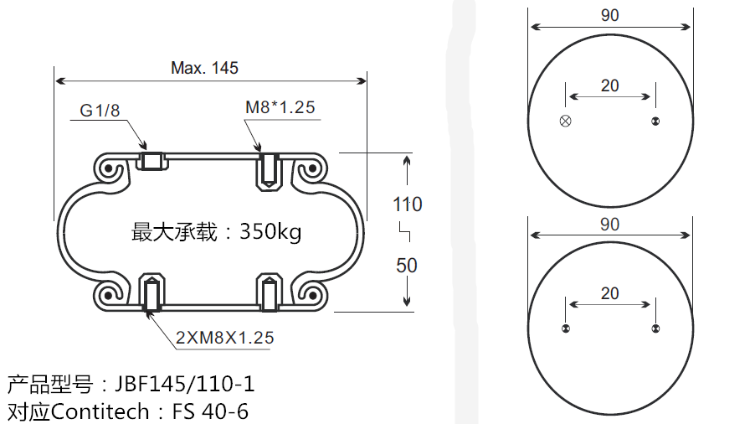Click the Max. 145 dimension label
(204, 68)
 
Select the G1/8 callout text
(100, 111)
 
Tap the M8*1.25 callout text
(280, 107)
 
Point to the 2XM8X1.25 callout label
(224, 339)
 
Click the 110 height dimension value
(408, 204)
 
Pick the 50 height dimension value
(407, 266)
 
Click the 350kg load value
(270, 231)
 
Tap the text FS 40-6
(210, 411)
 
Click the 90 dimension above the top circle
(609, 15)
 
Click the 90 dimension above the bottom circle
(609, 224)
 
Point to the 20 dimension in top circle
(609, 85)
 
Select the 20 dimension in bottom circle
(609, 292)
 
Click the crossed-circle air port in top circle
(565, 122)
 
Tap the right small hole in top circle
(655, 122)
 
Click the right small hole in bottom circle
(655, 328)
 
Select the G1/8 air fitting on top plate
(152, 160)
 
